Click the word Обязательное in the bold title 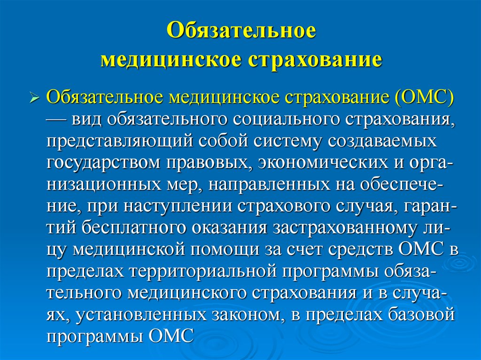241,30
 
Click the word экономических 323,163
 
